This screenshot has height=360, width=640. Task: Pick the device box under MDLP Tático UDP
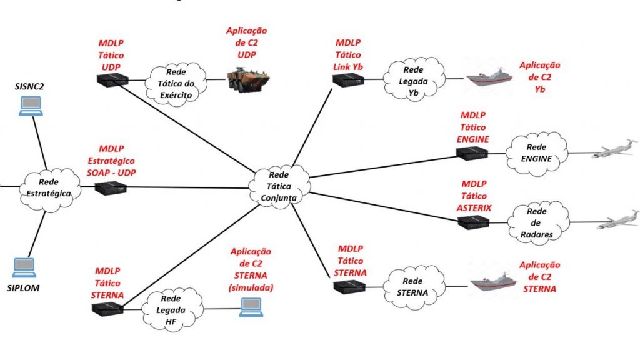click(x=111, y=79)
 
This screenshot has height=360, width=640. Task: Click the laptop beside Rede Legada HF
click(x=251, y=306)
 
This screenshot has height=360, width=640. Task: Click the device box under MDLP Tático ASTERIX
click(x=472, y=222)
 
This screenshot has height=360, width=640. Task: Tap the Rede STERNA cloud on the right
click(x=413, y=286)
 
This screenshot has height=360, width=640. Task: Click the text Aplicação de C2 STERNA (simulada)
click(x=251, y=269)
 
